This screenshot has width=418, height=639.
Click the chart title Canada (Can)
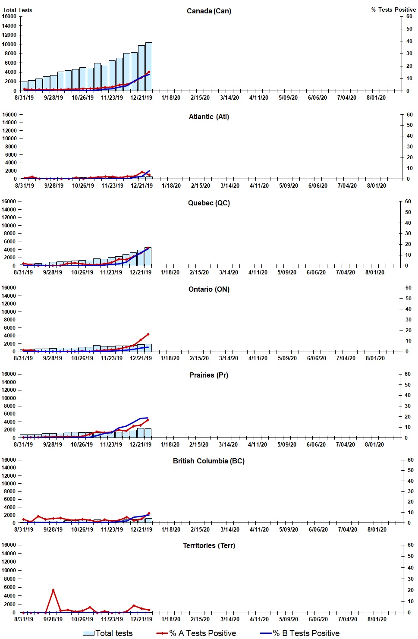pyautogui.click(x=209, y=11)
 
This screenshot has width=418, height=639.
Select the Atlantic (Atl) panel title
pyautogui.click(x=209, y=116)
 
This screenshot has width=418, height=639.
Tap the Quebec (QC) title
pyautogui.click(x=209, y=203)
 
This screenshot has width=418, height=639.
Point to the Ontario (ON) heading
pyautogui.click(x=209, y=289)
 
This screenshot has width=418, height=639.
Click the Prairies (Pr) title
pyautogui.click(x=209, y=375)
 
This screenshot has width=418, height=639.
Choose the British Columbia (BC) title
pyautogui.click(x=209, y=461)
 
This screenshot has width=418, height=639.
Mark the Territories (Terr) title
pyautogui.click(x=209, y=545)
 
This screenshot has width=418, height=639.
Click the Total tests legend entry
pyautogui.click(x=108, y=633)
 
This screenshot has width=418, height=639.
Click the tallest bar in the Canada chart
pyautogui.click(x=148, y=67)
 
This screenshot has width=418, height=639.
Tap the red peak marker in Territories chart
pyautogui.click(x=53, y=590)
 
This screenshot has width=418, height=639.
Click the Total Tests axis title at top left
pyautogui.click(x=17, y=10)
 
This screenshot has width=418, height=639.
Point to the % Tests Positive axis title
pyautogui.click(x=393, y=9)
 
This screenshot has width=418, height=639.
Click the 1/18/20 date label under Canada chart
pyautogui.click(x=171, y=98)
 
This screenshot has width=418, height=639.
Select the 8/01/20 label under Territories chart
pyautogui.click(x=377, y=619)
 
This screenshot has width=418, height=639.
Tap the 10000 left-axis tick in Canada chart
pyautogui.click(x=9, y=44)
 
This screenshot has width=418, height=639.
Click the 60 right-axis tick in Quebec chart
pyautogui.click(x=408, y=201)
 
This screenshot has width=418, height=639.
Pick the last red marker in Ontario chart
pyautogui.click(x=148, y=334)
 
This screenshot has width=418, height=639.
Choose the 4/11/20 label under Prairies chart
pyautogui.click(x=258, y=444)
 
